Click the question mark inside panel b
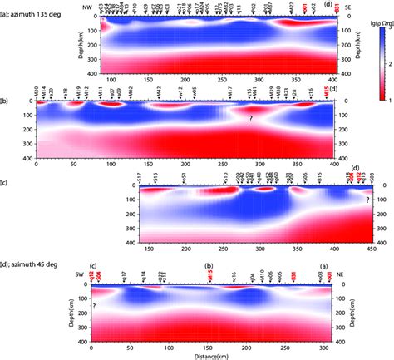[249, 120]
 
